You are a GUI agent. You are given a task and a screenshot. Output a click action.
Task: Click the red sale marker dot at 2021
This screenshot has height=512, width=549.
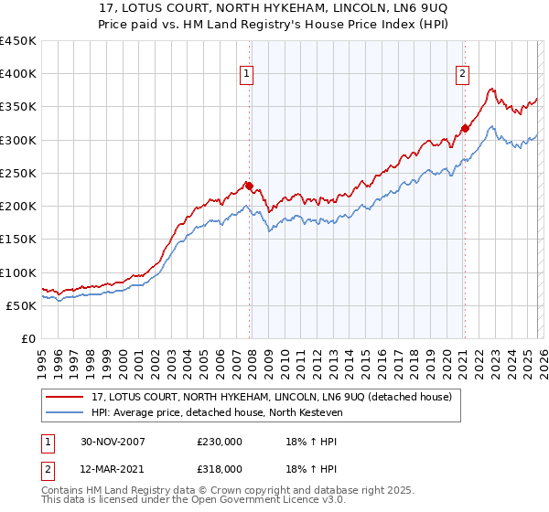[x=465, y=129]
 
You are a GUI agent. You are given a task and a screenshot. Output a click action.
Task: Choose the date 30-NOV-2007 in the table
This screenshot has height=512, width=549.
[x=113, y=442]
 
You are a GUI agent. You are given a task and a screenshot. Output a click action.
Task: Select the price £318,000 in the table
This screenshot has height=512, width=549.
[x=220, y=468]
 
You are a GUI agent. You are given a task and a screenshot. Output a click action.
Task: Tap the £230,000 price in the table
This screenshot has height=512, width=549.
[x=220, y=442]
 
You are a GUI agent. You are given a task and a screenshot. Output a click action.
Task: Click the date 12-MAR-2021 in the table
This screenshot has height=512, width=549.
[x=113, y=468]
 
